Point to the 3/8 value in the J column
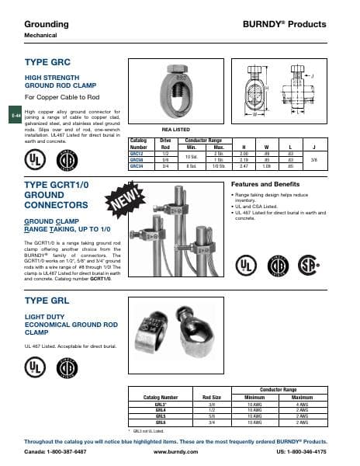tap(334, 161)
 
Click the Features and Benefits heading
tap(265, 184)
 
